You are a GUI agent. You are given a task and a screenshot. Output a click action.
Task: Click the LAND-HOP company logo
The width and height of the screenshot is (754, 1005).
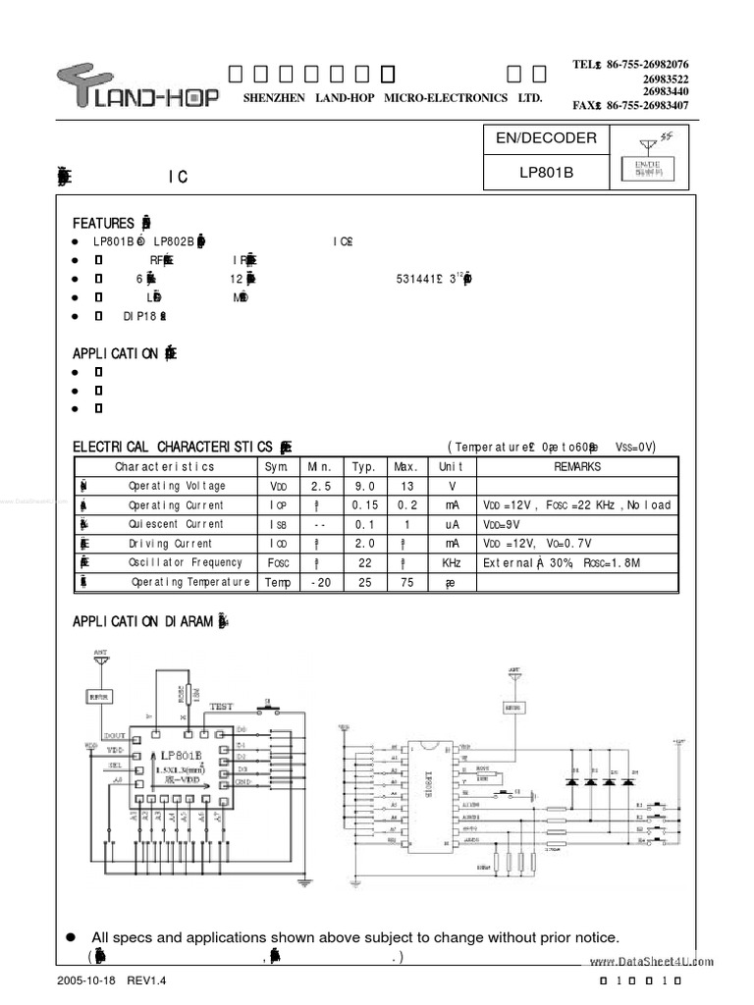click(136, 85)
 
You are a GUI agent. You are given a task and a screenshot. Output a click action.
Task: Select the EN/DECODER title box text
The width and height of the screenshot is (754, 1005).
click(545, 138)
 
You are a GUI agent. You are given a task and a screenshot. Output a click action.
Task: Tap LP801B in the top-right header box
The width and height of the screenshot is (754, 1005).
click(545, 170)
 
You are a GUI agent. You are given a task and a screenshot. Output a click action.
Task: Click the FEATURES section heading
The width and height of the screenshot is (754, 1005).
click(104, 223)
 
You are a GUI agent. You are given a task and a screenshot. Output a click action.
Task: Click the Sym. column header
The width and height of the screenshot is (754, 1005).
click(275, 467)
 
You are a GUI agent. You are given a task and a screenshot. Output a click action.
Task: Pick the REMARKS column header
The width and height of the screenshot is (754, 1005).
click(577, 467)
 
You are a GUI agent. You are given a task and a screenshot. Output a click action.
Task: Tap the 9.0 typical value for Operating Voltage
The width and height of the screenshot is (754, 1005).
click(364, 486)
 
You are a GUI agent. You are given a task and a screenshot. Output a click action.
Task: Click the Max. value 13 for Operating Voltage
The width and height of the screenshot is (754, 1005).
click(405, 486)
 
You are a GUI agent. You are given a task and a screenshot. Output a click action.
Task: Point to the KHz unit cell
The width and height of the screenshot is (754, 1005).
click(451, 562)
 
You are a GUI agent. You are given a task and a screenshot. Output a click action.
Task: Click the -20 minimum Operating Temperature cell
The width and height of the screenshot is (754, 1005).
click(320, 582)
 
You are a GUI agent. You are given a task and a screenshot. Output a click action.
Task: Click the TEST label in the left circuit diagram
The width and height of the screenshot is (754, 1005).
click(222, 706)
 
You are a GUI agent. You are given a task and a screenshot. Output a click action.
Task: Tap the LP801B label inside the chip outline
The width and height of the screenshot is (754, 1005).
click(182, 755)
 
